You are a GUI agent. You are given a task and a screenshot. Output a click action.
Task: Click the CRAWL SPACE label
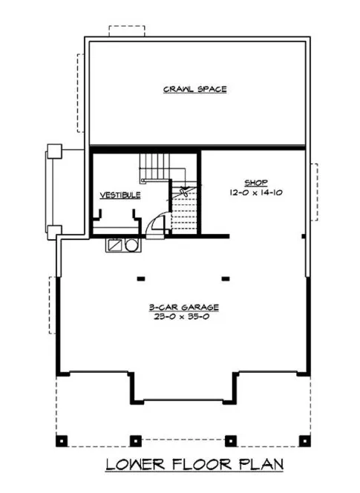point(195,90)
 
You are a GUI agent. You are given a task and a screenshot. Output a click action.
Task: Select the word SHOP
point(256,182)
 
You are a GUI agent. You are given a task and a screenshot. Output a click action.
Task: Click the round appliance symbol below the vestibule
point(131,244)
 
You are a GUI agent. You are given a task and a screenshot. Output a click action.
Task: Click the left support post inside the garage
point(140,280)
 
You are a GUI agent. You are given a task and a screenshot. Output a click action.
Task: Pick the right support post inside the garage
point(225,280)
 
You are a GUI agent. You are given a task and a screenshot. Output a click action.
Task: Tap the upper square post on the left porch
point(53,153)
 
